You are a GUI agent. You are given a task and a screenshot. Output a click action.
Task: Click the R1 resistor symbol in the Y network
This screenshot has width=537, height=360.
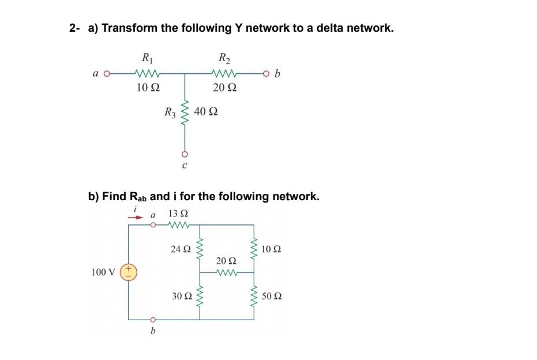pyautogui.click(x=148, y=73)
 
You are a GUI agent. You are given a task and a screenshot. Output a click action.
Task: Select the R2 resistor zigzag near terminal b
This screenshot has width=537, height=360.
pyautogui.click(x=223, y=73)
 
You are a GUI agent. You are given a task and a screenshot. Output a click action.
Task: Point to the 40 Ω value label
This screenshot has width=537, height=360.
pyautogui.click(x=206, y=111)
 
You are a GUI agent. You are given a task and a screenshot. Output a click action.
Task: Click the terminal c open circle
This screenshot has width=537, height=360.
pyautogui.click(x=185, y=154)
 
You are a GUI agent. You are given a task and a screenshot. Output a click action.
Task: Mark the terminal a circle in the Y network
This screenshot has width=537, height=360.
pyautogui.click(x=107, y=73)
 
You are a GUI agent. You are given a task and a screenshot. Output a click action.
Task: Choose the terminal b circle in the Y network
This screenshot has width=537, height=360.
pyautogui.click(x=265, y=73)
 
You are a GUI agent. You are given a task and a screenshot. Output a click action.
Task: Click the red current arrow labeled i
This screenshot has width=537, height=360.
pyautogui.click(x=134, y=218)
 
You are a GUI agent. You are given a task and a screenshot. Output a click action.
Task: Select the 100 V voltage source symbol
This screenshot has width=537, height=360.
pyautogui.click(x=127, y=272)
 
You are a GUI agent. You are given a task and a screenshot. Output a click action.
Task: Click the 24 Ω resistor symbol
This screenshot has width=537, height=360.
pyautogui.click(x=200, y=249)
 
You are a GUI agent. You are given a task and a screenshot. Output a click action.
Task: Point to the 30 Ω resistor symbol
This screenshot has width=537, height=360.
pyautogui.click(x=200, y=296)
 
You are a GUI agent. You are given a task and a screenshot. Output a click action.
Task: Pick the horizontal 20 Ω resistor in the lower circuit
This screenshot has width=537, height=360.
pyautogui.click(x=226, y=272)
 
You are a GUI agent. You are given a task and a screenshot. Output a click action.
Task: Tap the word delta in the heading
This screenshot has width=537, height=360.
pyautogui.click(x=310, y=28)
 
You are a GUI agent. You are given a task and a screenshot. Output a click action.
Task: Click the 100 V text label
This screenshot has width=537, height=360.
pyautogui.click(x=103, y=272)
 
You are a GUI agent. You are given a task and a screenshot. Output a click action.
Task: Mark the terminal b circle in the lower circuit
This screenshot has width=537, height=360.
pyautogui.click(x=153, y=319)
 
